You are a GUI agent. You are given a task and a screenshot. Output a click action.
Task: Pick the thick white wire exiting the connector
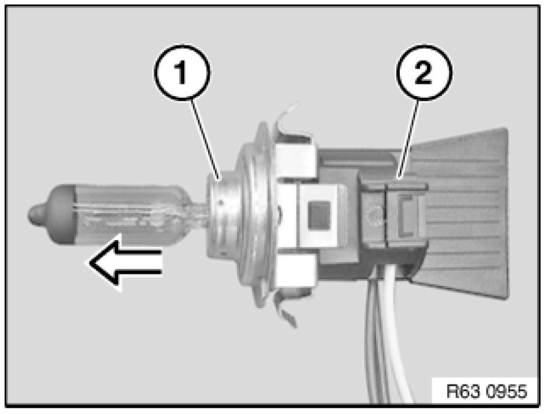click(398, 343)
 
